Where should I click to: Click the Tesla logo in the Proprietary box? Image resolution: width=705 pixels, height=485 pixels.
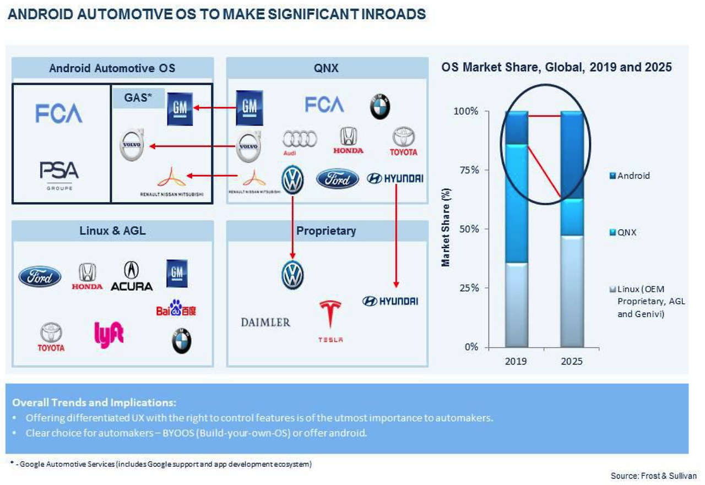330,321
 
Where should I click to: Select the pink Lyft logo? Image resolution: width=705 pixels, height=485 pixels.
109,334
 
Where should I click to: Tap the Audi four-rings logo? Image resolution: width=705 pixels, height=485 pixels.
299,141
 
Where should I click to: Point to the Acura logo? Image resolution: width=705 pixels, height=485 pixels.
132,276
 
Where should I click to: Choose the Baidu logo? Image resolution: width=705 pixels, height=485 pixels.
176,309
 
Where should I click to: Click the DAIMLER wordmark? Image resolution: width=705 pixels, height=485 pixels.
265,322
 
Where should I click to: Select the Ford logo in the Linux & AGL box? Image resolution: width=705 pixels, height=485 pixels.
40,276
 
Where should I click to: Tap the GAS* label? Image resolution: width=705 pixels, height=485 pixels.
134,99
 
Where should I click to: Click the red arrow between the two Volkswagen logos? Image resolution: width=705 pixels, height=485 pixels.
292,226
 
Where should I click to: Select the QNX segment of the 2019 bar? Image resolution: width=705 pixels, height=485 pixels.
516,204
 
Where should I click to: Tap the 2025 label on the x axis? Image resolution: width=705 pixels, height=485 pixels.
571,362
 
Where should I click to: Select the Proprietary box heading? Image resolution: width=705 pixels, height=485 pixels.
326,231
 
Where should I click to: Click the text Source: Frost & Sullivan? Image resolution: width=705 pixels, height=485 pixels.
653,475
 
